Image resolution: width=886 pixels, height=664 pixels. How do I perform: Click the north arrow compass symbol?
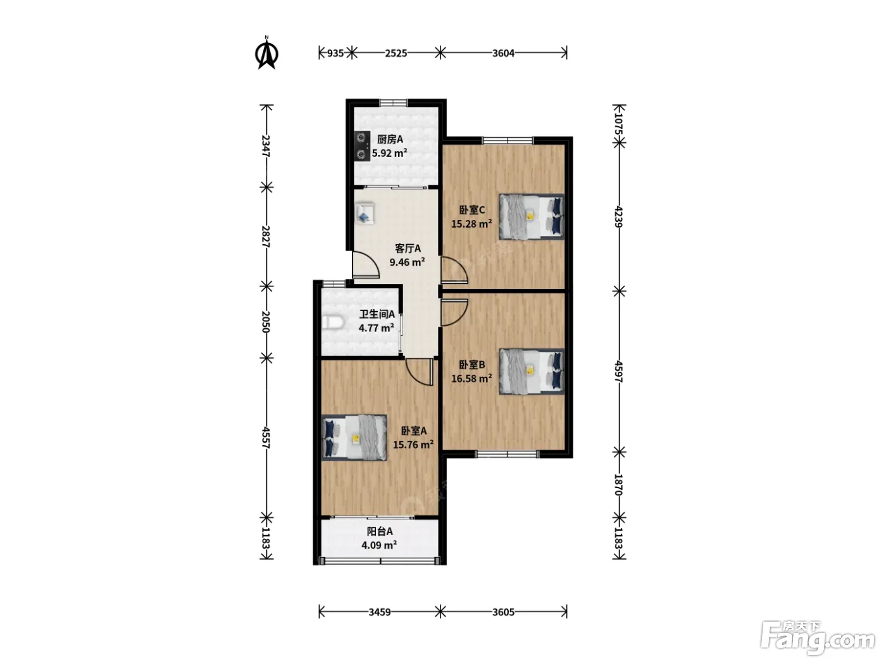[266, 53]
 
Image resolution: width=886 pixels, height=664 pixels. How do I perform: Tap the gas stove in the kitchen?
[362, 146]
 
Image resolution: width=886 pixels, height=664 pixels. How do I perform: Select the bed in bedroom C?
[531, 217]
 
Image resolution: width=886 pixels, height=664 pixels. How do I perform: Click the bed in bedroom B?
[531, 371]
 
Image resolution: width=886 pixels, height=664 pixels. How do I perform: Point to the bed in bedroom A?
[354, 438]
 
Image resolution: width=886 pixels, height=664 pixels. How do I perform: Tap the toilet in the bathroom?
[333, 323]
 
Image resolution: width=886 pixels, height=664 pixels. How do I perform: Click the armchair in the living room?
[365, 213]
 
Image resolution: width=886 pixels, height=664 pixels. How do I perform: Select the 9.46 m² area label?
[407, 262]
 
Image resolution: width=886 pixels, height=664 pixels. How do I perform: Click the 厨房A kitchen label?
[389, 140]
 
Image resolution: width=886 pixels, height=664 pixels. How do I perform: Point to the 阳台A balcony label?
[380, 531]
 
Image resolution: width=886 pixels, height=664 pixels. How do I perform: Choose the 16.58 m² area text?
[471, 379]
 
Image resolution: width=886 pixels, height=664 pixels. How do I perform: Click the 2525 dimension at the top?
[396, 53]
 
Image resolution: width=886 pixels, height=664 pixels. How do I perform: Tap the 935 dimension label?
[335, 53]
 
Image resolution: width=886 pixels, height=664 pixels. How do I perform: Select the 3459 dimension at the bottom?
[380, 612]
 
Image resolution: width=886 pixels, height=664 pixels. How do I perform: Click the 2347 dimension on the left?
[266, 146]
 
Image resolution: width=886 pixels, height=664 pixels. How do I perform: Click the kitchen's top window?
[394, 103]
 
